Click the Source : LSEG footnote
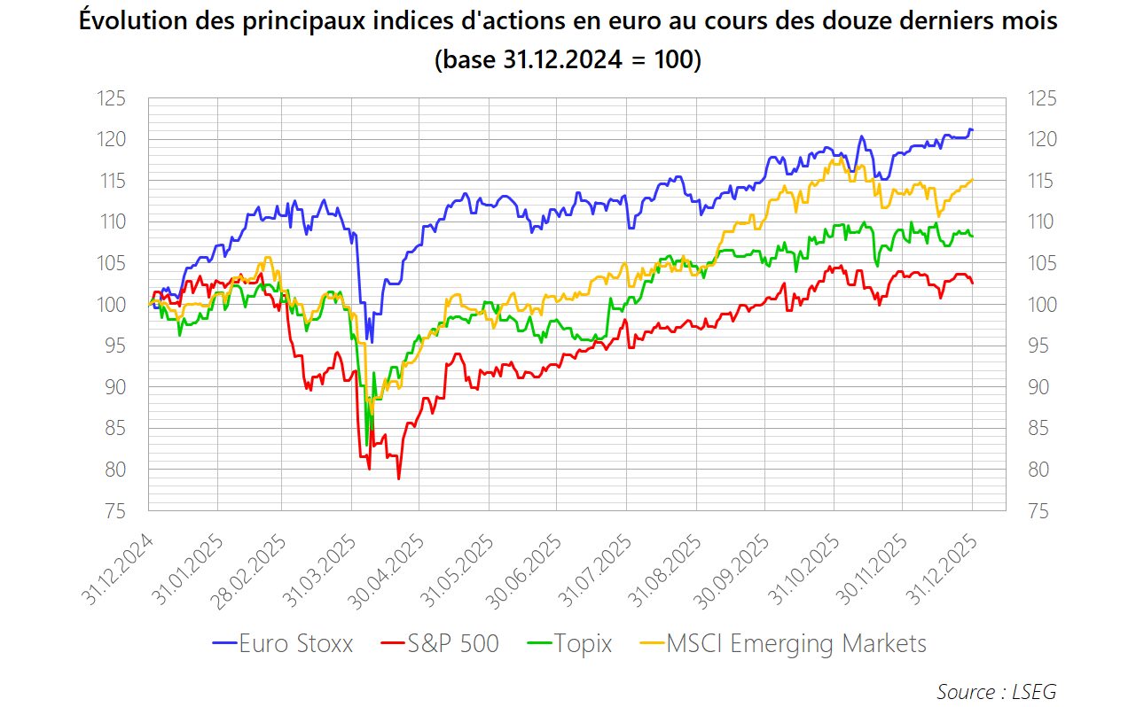click(996, 691)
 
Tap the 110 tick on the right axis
click(1041, 222)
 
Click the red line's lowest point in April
click(398, 479)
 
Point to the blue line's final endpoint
click(973, 130)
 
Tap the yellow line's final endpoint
click(973, 180)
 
